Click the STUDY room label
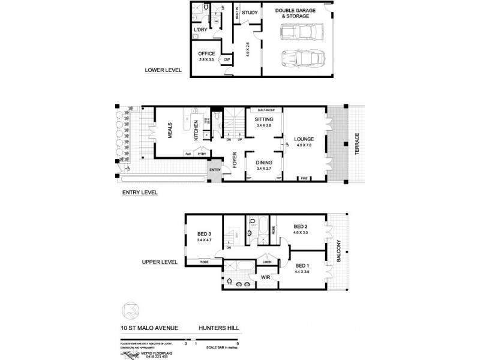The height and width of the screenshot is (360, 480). [250, 12]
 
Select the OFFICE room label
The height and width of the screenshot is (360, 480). [207, 53]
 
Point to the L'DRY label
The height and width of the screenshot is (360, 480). [200, 30]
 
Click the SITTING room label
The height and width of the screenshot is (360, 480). [263, 119]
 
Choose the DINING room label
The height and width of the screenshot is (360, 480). [263, 162]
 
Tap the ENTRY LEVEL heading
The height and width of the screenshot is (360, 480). [140, 193]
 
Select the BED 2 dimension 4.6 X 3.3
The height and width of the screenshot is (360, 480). [302, 231]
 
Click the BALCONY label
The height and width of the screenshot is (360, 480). [338, 250]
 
